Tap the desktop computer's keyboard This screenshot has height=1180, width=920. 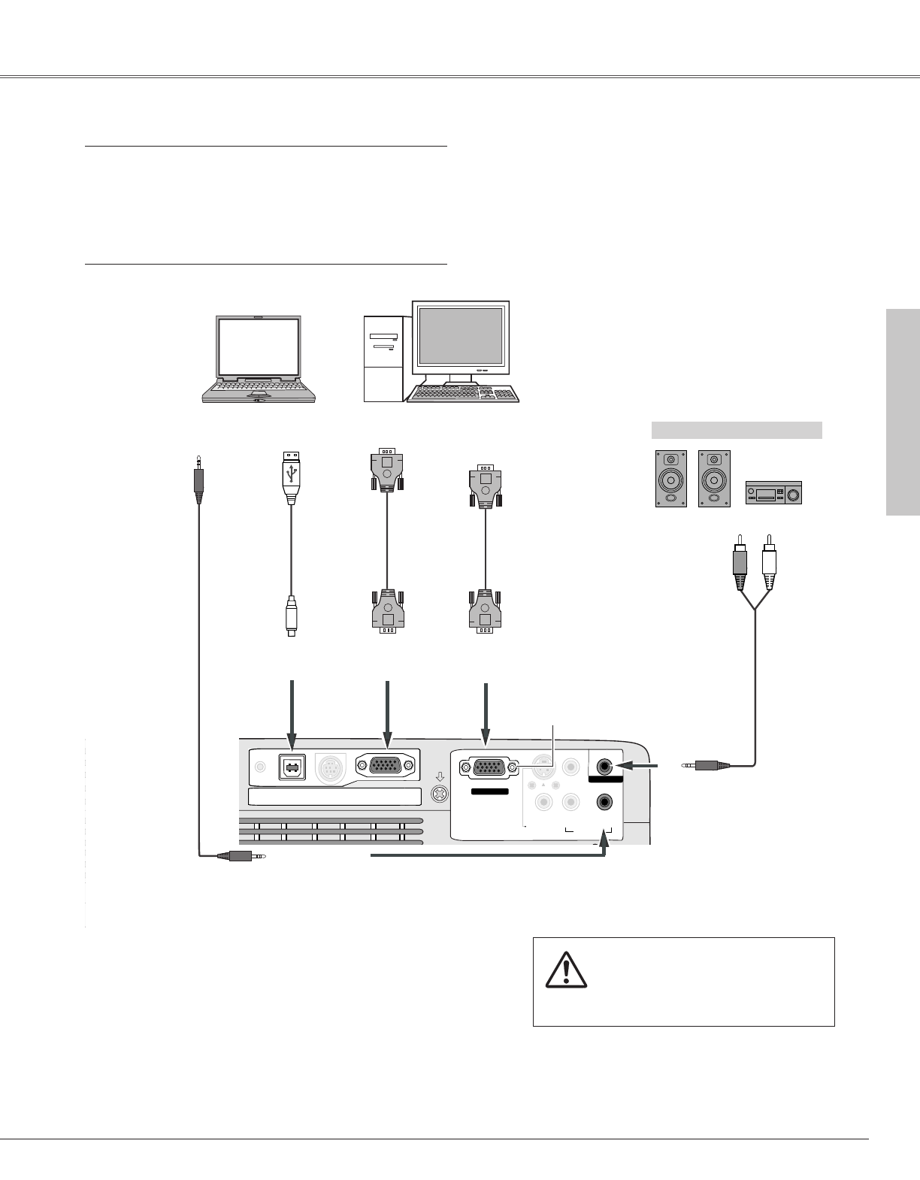[x=462, y=394]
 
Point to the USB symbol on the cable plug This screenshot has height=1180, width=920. [x=292, y=470]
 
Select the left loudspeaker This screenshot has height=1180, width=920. [x=670, y=478]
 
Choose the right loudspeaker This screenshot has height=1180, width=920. [x=713, y=478]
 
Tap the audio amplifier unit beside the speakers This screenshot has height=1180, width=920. [x=773, y=493]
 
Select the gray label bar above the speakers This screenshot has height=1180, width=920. [x=736, y=430]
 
